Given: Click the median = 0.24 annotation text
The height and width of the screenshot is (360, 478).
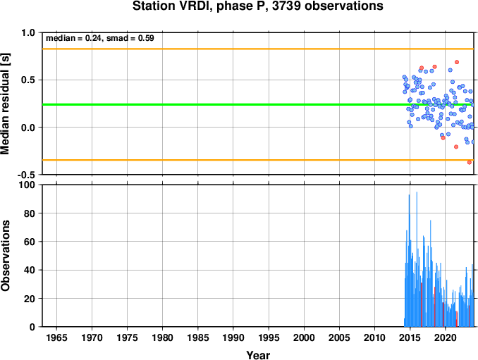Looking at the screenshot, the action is coord(73,38).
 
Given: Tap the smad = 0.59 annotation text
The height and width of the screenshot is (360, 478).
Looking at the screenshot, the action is coord(130,38).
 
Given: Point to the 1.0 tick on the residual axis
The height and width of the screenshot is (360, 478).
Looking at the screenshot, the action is coord(28,32).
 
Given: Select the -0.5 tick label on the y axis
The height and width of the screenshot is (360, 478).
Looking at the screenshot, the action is coord(26,175).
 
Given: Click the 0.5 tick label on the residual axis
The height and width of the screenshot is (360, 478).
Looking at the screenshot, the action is coord(28,80).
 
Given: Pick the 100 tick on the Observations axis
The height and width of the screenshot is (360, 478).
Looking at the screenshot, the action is coord(27,185).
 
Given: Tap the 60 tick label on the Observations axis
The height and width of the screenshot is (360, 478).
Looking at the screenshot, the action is coord(30,242).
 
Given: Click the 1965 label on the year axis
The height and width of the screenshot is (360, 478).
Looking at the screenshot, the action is coord(56,337).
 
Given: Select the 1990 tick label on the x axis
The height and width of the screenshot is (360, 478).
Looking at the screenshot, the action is coord(233,337).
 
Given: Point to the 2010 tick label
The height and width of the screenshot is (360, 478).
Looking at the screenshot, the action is coord(374,337).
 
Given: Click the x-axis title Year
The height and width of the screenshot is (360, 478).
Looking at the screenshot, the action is coord(258,355).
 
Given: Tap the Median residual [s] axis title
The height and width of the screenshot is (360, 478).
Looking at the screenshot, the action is coord(5,104).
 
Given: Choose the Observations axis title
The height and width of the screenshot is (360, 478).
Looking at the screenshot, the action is coord(5,256).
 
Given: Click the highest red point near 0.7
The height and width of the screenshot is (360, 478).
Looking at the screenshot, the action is coord(457,62).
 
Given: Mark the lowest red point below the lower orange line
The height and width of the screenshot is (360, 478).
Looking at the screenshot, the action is coord(469,162).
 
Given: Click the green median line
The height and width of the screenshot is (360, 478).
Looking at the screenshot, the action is coord(258,105).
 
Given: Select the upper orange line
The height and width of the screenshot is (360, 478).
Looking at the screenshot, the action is coord(258,49).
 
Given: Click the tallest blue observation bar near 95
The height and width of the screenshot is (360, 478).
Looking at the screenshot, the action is coord(417,259).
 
